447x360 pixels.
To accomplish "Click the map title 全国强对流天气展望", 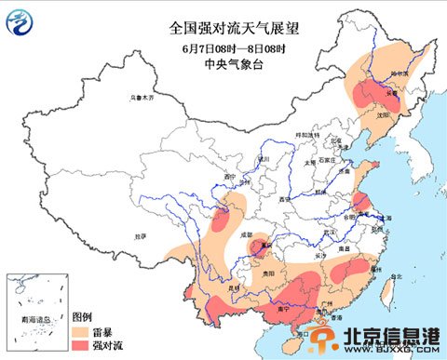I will coord(222,28).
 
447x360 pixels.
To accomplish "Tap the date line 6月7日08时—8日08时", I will coord(222,47).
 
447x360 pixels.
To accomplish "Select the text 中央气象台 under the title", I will coord(222,64).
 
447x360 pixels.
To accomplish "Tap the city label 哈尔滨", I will coord(399,73).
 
